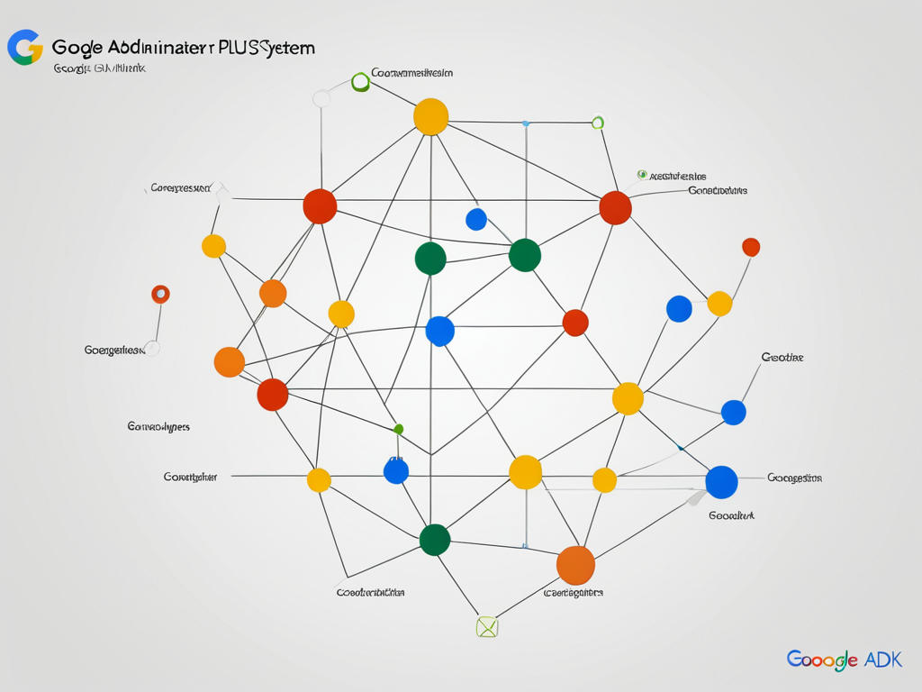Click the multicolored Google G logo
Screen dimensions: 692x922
click(x=25, y=47)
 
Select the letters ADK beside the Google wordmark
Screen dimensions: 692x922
click(x=882, y=660)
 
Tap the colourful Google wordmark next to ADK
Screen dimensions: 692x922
click(x=822, y=660)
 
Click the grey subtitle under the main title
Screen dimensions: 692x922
click(x=99, y=68)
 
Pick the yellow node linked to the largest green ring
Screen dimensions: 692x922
click(x=430, y=117)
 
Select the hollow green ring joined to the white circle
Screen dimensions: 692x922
click(x=360, y=82)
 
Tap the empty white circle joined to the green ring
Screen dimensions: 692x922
click(x=321, y=98)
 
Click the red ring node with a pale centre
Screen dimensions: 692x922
click(x=160, y=294)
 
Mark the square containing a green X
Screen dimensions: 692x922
click(x=486, y=627)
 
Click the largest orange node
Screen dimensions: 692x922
click(x=575, y=565)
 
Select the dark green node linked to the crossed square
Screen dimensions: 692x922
click(x=435, y=540)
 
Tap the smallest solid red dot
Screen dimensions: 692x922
click(x=751, y=247)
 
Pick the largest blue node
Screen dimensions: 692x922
click(x=721, y=482)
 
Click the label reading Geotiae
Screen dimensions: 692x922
click(x=782, y=358)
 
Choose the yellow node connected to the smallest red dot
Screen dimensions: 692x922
click(x=719, y=304)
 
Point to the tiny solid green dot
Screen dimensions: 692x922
click(x=399, y=429)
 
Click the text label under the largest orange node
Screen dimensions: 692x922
click(x=574, y=593)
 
